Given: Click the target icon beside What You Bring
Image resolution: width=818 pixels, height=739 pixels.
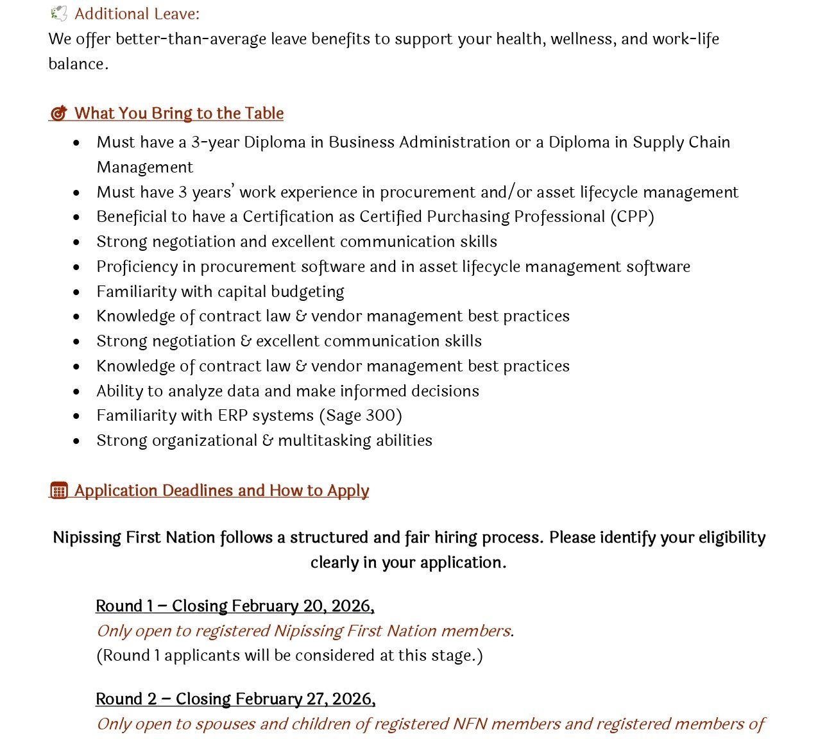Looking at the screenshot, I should tap(58, 114).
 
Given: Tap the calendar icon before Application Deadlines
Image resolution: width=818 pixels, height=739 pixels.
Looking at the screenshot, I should tap(58, 491).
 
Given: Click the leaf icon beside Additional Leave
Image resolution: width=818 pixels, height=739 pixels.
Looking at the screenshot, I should tap(58, 13).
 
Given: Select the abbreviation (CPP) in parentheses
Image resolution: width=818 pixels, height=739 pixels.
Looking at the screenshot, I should tap(632, 217).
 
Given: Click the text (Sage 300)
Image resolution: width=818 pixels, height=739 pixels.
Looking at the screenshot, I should tap(361, 416).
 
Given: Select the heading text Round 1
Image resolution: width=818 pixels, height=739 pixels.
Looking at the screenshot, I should tap(124, 606).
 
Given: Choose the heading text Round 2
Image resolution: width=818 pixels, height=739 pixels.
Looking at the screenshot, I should tap(126, 699).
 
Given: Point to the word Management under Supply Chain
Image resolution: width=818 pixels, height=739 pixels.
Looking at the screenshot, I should tap(144, 167).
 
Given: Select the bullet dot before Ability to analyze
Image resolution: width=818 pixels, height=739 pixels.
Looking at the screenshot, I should tap(77, 391).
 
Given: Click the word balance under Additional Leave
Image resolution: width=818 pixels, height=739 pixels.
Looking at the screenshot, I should tap(77, 64).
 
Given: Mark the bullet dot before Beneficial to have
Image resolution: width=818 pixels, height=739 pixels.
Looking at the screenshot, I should tap(77, 217).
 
